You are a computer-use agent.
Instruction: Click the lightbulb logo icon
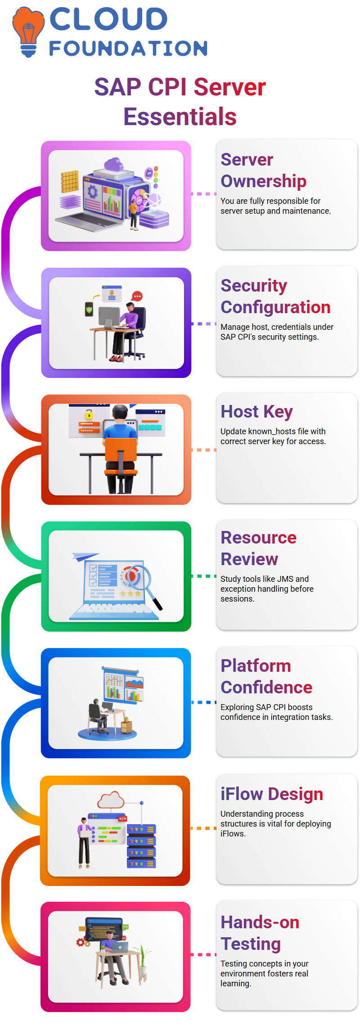(28, 32)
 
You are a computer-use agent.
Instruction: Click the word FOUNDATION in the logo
(129, 49)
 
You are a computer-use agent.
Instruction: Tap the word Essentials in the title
(180, 117)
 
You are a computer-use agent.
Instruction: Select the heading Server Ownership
(263, 170)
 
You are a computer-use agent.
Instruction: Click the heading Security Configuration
(275, 296)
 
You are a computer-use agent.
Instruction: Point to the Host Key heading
(256, 412)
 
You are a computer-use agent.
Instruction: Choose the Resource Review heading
(258, 548)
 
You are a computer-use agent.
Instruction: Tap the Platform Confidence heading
(266, 676)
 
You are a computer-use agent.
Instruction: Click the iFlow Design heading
(272, 794)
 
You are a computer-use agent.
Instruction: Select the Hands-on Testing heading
(260, 933)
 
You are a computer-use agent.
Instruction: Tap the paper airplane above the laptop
(85, 557)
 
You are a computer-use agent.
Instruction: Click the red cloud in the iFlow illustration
(111, 800)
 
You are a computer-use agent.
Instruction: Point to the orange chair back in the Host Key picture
(121, 450)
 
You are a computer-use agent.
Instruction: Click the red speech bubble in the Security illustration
(137, 297)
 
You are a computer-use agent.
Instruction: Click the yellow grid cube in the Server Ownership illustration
(70, 182)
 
